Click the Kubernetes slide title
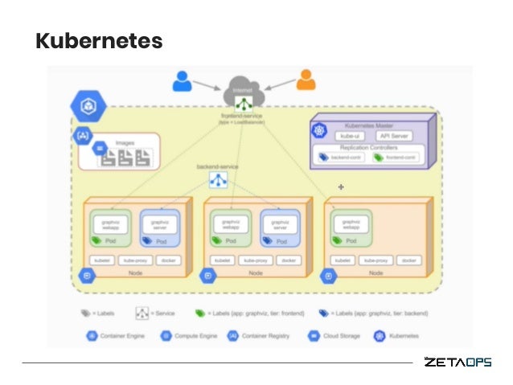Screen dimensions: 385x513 coord(99,41)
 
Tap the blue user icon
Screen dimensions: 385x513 coord(183,80)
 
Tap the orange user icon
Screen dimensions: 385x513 coord(306,80)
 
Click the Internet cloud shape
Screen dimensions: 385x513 coord(243,91)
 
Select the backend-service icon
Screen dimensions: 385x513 coord(218,180)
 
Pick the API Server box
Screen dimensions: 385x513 coord(394,137)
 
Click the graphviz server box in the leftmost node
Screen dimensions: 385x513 coord(160,224)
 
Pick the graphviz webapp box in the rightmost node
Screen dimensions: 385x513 coord(351,224)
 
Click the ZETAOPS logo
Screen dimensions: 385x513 coord(458,362)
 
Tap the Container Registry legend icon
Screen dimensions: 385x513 coord(232,334)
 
